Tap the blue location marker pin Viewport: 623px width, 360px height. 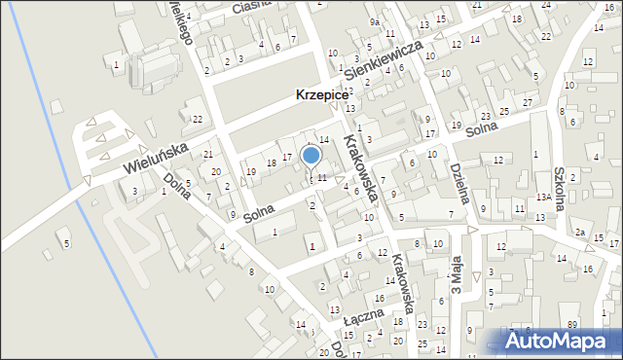(x=311, y=156)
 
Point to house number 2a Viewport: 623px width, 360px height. (x=579, y=232)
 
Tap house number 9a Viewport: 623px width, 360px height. (x=375, y=21)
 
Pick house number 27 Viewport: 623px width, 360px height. (x=528, y=102)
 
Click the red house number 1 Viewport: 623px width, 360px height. (x=311, y=246)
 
